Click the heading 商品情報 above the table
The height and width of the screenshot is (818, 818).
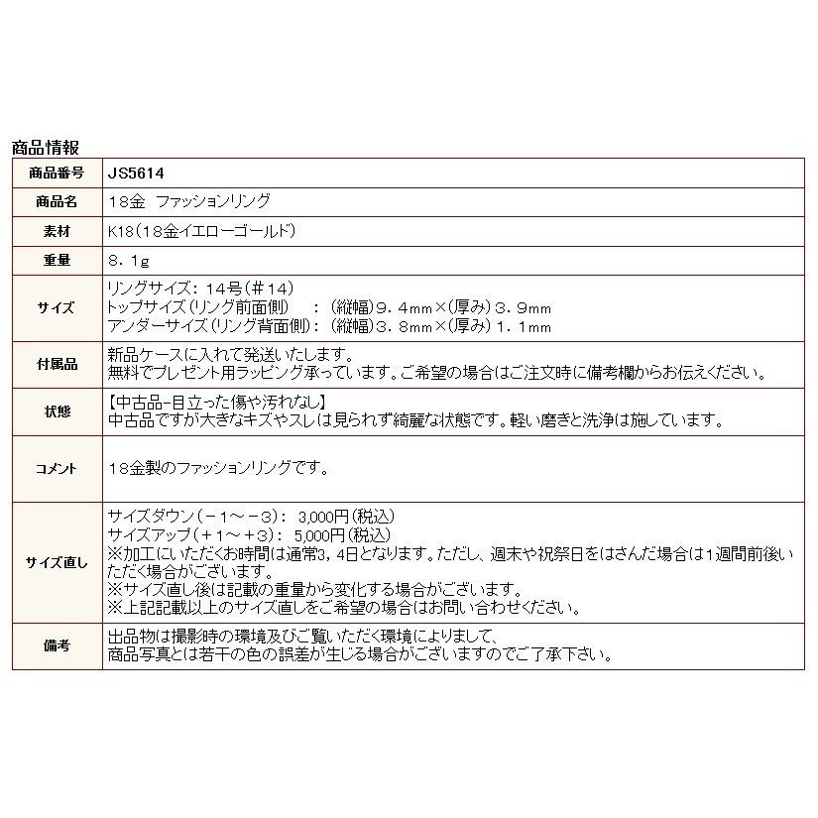tap(46, 148)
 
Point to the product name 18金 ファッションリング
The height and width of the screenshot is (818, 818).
tap(187, 201)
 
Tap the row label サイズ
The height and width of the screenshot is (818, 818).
tap(58, 307)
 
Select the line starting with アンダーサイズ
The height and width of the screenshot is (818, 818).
tap(327, 324)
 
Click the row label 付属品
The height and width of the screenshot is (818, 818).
tap(58, 365)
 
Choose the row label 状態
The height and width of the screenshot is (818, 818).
tap(58, 411)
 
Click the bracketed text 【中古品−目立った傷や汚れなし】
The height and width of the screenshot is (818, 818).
tap(212, 403)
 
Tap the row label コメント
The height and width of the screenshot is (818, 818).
tap(58, 468)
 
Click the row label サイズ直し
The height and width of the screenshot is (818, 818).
tap(57, 562)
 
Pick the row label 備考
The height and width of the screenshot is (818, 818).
tap(58, 645)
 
